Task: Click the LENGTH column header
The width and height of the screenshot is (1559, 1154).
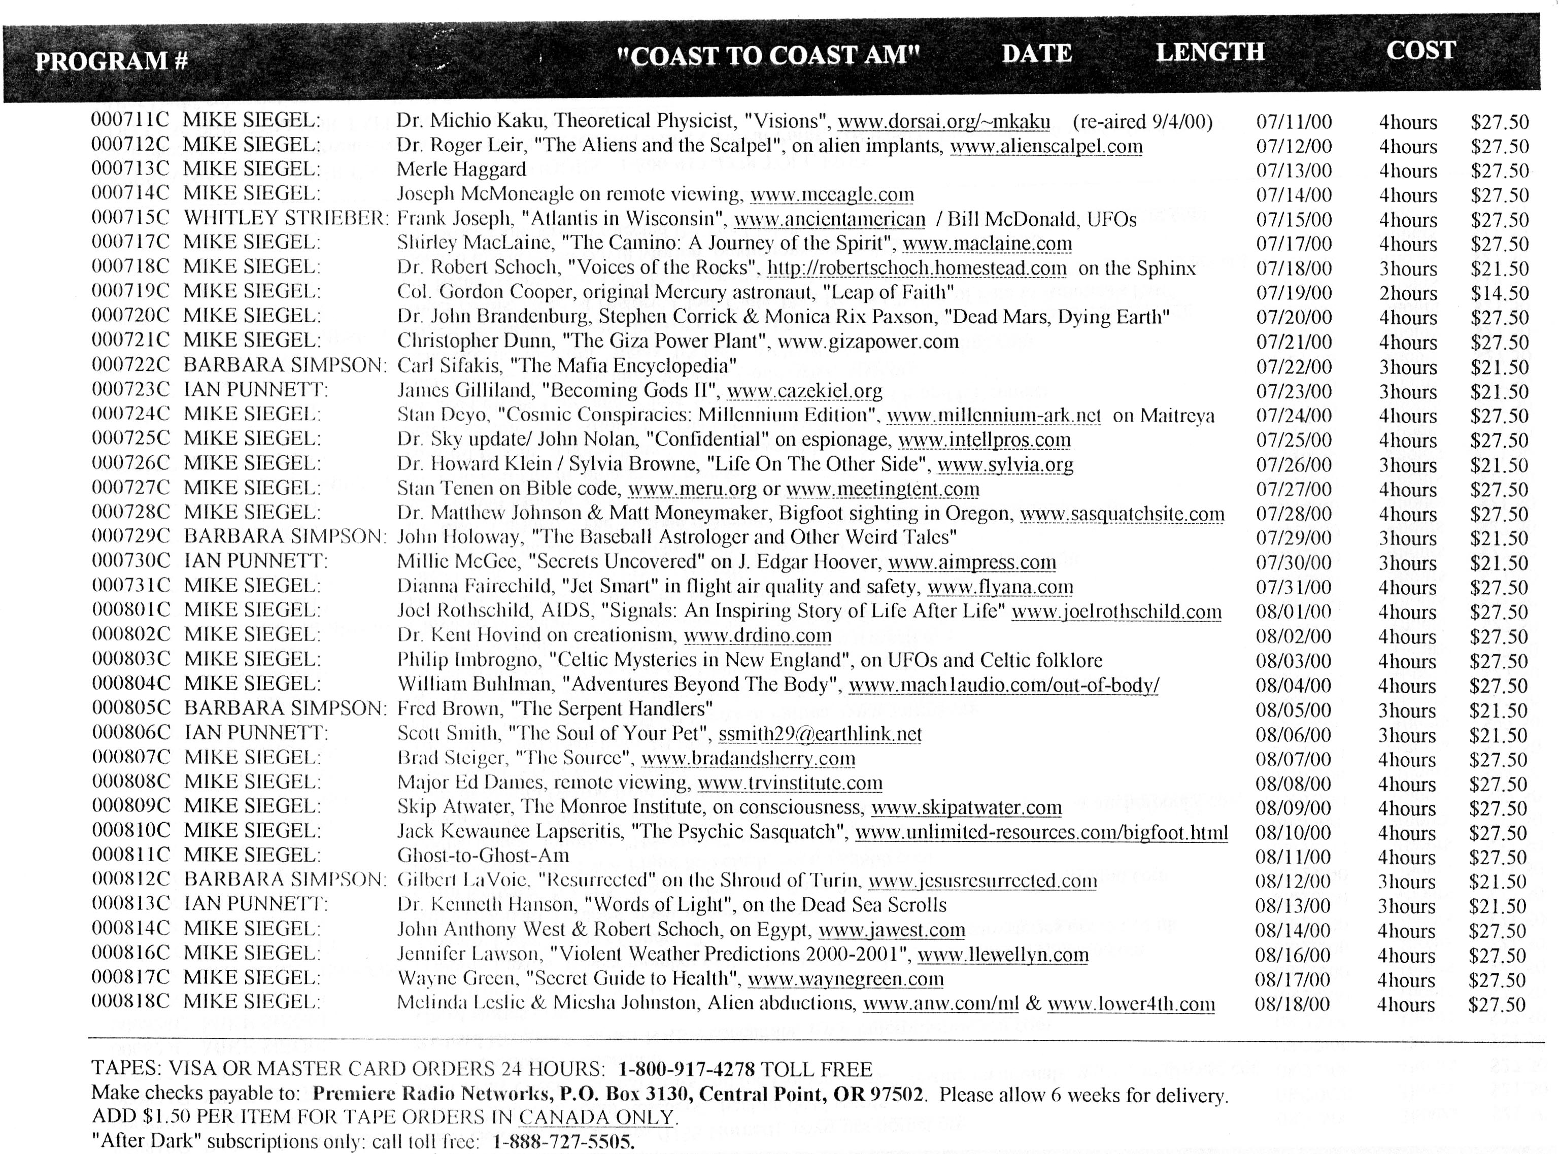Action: [x=1210, y=52]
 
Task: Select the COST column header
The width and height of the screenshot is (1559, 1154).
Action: [x=1420, y=50]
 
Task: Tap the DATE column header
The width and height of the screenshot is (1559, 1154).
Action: [x=1036, y=54]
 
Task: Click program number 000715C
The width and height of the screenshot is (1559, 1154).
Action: [x=130, y=218]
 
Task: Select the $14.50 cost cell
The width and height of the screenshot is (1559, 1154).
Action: [x=1499, y=293]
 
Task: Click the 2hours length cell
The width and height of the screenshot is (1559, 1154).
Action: [x=1407, y=293]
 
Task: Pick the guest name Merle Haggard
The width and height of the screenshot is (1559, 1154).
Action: [x=461, y=169]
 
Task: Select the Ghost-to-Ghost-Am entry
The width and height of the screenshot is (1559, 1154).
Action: [x=483, y=856]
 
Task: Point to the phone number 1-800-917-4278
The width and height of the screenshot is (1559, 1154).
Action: [x=687, y=1069]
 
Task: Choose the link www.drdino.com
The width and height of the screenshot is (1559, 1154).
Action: [x=757, y=636]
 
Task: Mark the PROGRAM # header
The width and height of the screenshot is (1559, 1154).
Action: [x=112, y=61]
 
